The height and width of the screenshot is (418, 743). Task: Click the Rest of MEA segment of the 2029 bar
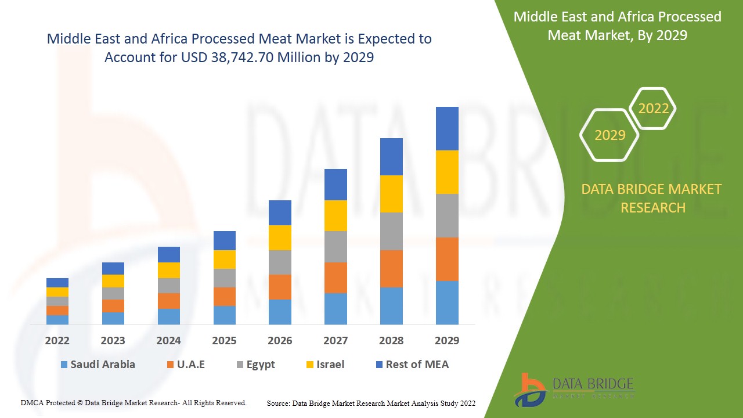click(447, 128)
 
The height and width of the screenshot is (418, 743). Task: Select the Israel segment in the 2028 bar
click(391, 194)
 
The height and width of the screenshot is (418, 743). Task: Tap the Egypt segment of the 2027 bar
click(336, 247)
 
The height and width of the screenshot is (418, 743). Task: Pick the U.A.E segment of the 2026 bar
click(280, 287)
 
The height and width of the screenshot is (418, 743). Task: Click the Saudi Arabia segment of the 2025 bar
click(224, 315)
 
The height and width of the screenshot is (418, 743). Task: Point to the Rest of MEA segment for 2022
click(57, 283)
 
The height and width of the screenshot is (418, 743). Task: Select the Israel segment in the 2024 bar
click(169, 270)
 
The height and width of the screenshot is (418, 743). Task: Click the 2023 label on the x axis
click(113, 340)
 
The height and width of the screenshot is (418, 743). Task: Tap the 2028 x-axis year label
click(391, 340)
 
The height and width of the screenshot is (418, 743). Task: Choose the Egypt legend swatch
click(240, 365)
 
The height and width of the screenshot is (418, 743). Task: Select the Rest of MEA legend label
click(417, 365)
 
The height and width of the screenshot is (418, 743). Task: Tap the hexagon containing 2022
click(653, 109)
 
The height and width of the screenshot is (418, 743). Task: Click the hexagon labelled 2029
click(609, 135)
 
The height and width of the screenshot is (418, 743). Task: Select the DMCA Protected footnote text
click(134, 402)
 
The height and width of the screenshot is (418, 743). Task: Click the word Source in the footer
click(278, 403)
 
